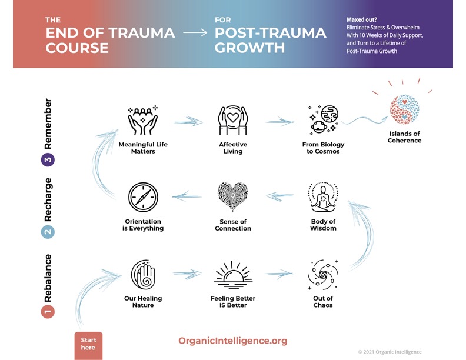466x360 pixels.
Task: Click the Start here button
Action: click(88, 344)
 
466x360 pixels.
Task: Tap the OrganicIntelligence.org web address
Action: click(232, 341)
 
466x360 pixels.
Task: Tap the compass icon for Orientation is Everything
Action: click(142, 198)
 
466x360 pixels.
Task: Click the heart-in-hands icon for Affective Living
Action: click(233, 121)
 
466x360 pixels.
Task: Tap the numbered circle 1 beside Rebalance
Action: click(48, 311)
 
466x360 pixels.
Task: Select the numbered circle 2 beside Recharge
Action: click(48, 232)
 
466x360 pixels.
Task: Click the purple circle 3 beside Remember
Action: click(48, 159)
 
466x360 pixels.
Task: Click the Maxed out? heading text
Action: click(362, 19)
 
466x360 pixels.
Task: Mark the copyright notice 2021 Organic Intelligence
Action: click(390, 352)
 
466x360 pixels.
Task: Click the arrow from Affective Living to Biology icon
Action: click(279, 122)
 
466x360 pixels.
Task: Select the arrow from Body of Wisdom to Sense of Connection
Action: click(279, 196)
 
